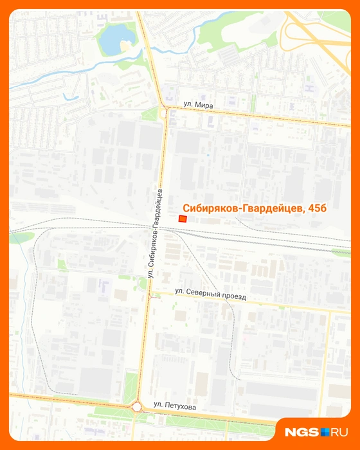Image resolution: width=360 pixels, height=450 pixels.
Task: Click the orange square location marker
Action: tap(183, 219)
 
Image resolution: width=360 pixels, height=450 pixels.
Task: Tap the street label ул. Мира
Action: tap(198, 104)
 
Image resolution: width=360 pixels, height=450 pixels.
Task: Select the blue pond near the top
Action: tap(116, 39)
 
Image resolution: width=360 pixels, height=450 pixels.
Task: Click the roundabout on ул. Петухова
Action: tap(138, 406)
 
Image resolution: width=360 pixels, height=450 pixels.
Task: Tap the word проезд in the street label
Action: tap(234, 297)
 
